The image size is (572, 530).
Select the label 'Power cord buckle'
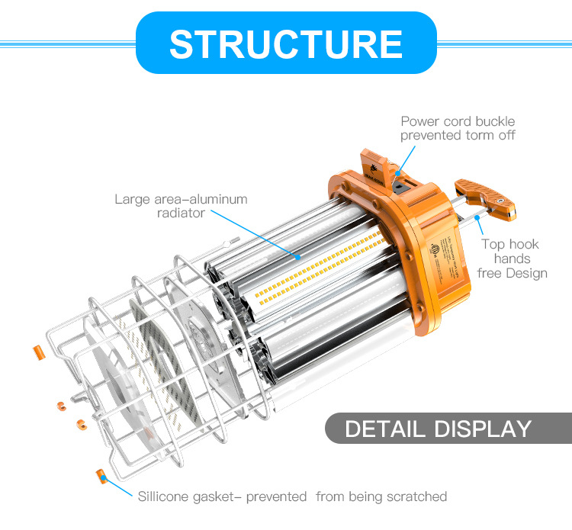point(458,121)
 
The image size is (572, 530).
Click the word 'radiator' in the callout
point(175,214)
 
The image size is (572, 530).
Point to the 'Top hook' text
point(509,244)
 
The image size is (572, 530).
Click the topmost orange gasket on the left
point(36,353)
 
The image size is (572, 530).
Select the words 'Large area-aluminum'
point(181,200)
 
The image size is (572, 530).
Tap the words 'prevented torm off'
point(458,136)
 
